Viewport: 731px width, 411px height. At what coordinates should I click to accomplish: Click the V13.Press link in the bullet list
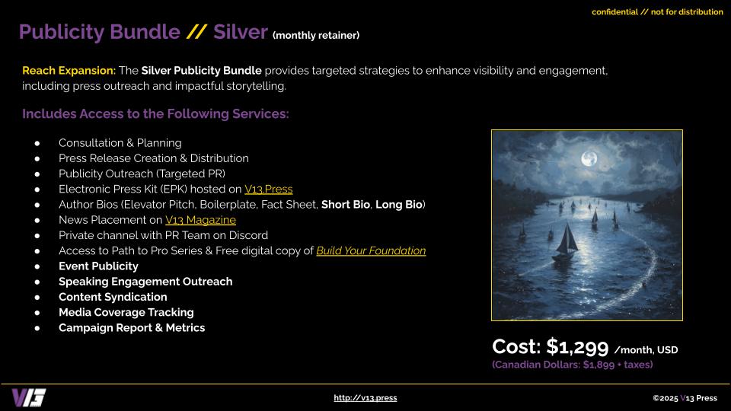(x=269, y=190)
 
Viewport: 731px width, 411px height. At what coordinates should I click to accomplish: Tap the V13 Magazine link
(x=200, y=220)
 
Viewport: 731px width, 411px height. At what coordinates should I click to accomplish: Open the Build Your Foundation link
(x=371, y=250)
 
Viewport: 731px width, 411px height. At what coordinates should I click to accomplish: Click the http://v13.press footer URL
(x=365, y=398)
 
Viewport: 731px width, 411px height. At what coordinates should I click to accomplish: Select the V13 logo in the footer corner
(x=29, y=398)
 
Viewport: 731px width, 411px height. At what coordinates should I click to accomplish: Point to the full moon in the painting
(x=589, y=158)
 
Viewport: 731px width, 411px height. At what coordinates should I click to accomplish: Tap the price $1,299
(x=578, y=347)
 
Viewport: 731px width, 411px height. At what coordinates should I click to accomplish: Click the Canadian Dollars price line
(x=573, y=365)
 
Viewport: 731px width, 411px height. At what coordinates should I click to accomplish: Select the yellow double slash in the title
(x=196, y=32)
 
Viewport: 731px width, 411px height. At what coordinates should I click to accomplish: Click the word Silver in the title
(x=241, y=32)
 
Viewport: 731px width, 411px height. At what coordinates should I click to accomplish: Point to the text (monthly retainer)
(x=316, y=36)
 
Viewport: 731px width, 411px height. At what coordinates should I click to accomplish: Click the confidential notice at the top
(x=657, y=12)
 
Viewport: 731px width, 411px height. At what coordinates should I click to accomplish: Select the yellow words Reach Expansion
(x=69, y=71)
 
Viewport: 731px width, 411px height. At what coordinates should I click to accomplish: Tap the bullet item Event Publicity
(x=98, y=266)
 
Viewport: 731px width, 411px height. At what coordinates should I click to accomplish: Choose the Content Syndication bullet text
(x=113, y=297)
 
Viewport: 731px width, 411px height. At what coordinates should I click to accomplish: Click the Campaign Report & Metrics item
(x=132, y=328)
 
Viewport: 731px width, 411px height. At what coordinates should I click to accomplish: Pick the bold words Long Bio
(x=398, y=205)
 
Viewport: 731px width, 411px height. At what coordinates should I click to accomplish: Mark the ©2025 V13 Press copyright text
(x=685, y=398)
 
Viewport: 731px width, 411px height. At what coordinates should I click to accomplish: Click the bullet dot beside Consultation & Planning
(x=37, y=144)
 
